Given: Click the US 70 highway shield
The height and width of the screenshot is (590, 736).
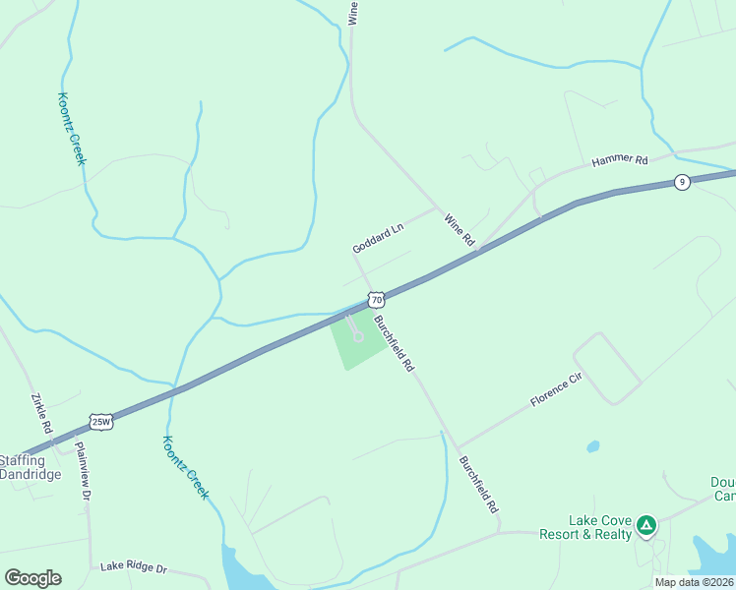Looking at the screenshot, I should [x=377, y=298].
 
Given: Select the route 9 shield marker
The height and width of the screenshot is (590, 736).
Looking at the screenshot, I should [x=681, y=182].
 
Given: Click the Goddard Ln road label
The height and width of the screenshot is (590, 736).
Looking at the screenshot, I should [x=379, y=239].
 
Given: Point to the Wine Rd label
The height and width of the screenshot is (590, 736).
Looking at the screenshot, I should [x=459, y=229].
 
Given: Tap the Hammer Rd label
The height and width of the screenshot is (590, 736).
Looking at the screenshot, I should [x=620, y=160].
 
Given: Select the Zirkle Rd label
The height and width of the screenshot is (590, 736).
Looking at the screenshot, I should [x=41, y=415].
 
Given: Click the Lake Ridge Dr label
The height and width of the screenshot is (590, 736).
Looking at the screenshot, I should [x=134, y=567].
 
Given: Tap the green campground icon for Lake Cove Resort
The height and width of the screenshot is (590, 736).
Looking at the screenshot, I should [x=646, y=526].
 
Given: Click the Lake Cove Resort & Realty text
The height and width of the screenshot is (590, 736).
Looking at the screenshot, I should [x=585, y=527].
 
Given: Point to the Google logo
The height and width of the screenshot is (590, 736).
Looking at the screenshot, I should [x=32, y=578].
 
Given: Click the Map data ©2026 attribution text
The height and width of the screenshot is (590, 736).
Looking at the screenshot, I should [x=694, y=582].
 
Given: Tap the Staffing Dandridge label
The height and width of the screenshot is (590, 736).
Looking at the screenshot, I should [x=30, y=467].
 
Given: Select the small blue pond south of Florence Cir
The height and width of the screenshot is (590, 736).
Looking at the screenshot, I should [x=593, y=446].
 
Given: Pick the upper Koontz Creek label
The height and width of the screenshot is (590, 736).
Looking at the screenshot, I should [x=72, y=129].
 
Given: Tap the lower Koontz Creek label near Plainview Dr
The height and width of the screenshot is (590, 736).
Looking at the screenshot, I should [x=185, y=467].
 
